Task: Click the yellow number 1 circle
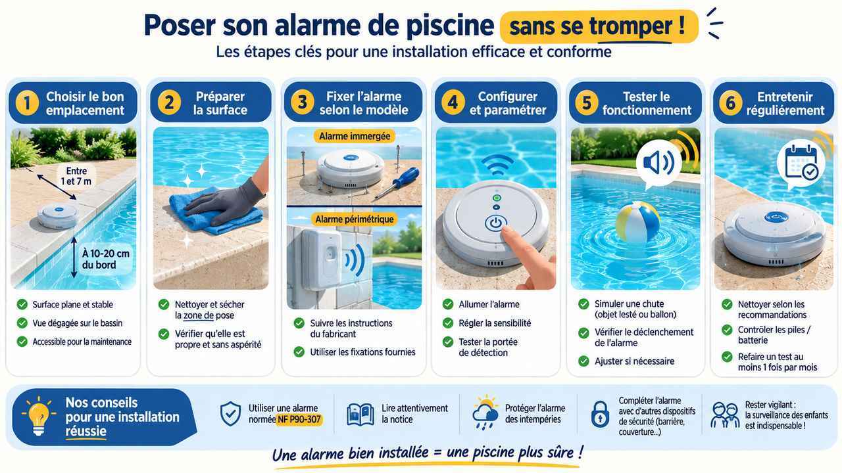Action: tap(27, 103)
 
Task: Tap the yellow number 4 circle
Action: tap(453, 102)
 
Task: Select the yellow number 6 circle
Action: tap(730, 103)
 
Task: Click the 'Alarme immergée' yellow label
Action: tap(355, 136)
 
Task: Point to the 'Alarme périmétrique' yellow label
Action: tap(355, 219)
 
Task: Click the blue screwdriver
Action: tap(399, 183)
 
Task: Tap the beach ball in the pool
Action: tap(638, 222)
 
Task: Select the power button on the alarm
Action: tap(495, 223)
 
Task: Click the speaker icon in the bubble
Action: tap(658, 164)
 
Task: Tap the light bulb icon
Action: tap(38, 417)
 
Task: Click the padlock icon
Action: tap(600, 414)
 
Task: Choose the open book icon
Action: tap(360, 415)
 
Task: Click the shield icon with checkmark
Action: tap(230, 414)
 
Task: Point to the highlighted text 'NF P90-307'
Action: tap(299, 419)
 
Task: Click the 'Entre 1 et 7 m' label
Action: tap(76, 176)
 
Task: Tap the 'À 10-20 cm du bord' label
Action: tap(105, 259)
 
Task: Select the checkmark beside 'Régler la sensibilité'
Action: tap(448, 323)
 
